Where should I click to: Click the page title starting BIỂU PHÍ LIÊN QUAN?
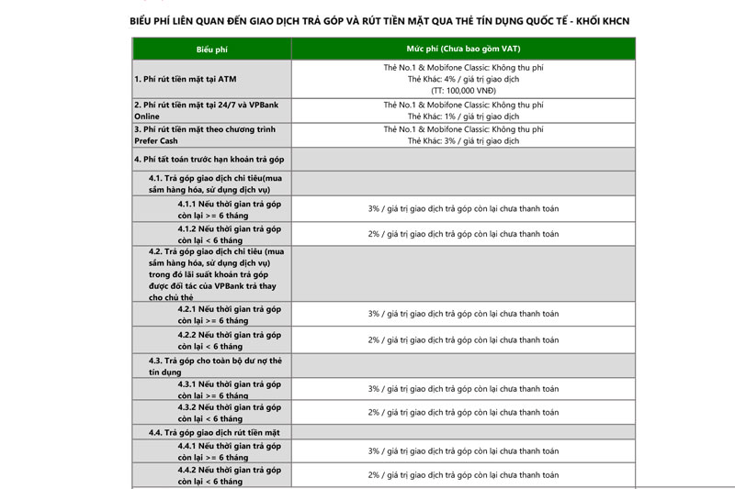click(x=380, y=20)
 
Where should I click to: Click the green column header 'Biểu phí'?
click(x=211, y=49)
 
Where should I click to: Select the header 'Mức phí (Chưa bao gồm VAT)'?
click(x=463, y=48)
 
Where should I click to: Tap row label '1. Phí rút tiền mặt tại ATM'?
click(x=184, y=79)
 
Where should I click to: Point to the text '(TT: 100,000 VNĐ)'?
click(x=463, y=90)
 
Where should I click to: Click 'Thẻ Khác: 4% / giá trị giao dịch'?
click(x=463, y=79)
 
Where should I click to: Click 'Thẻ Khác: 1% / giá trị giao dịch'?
click(x=463, y=117)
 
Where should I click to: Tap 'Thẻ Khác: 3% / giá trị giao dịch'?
click(x=463, y=140)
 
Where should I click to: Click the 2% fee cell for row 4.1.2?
click(x=463, y=234)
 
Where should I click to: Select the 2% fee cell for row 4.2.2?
click(x=463, y=340)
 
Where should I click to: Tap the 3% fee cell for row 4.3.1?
click(x=463, y=389)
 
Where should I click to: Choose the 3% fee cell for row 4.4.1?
click(x=463, y=451)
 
